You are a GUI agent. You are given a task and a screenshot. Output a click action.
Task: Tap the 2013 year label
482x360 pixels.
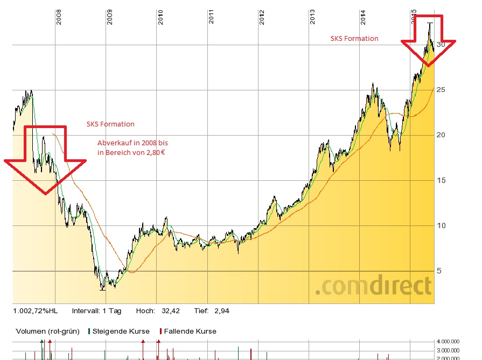[313, 18]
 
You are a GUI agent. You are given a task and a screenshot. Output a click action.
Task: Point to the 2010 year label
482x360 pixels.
[160, 18]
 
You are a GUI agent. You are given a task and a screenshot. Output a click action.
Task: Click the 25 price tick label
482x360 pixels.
[442, 90]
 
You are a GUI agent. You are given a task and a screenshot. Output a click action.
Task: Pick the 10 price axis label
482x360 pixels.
[442, 225]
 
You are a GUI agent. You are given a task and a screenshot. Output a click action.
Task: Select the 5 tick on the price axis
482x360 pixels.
[439, 271]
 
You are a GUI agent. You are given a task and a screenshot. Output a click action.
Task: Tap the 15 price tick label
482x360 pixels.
[442, 180]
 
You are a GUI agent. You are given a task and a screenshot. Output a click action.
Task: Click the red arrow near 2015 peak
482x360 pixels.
[429, 40]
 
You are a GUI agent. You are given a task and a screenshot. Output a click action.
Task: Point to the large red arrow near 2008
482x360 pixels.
[45, 159]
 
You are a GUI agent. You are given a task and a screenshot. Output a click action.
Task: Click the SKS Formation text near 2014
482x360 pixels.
[354, 39]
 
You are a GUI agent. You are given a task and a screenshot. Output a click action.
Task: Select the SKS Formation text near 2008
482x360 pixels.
[110, 124]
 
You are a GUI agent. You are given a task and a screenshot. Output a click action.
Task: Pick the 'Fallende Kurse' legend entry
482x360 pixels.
[188, 331]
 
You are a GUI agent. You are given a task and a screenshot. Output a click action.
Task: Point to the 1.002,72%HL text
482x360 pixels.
[36, 311]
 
